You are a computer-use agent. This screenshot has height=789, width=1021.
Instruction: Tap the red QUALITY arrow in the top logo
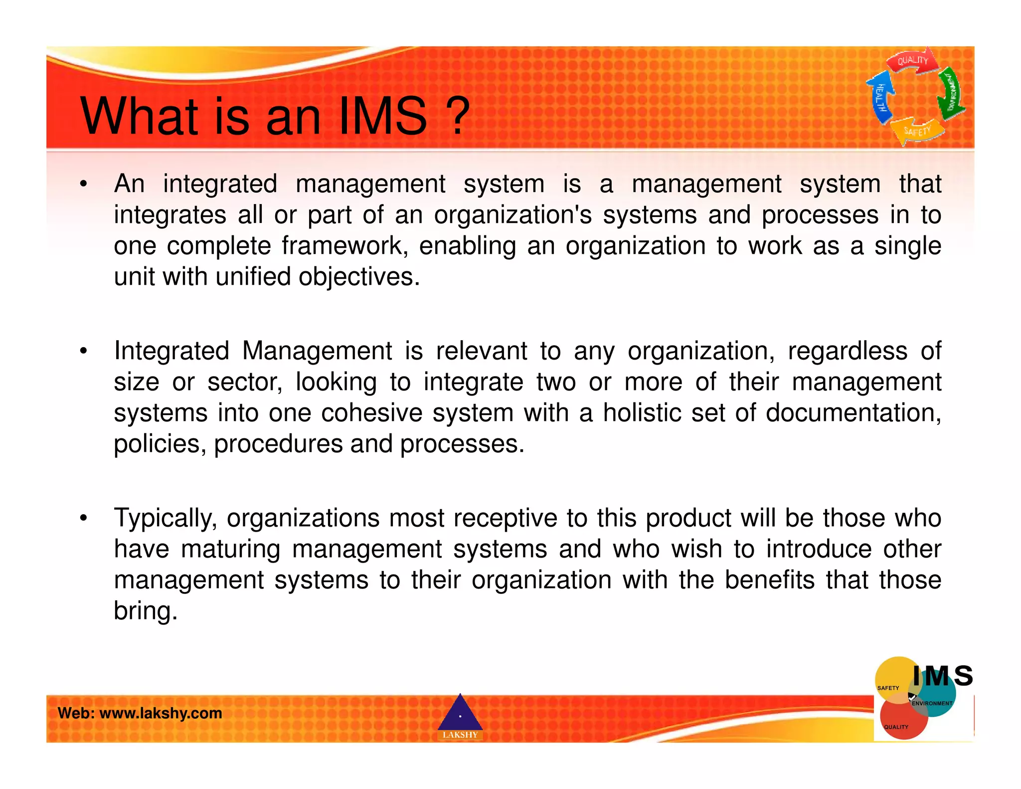pos(912,61)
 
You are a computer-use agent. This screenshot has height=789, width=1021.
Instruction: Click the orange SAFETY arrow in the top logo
pos(917,131)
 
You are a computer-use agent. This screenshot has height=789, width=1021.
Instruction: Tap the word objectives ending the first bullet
pos(359,277)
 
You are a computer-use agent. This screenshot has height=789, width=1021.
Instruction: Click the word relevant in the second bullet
pos(481,351)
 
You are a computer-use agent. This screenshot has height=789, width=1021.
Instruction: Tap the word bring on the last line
pos(145,610)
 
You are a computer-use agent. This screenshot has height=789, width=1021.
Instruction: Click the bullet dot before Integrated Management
pos(84,351)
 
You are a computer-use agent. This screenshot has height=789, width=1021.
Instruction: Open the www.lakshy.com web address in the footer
pos(161,713)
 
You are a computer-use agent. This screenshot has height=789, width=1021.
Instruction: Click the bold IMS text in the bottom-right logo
pos(942,676)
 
